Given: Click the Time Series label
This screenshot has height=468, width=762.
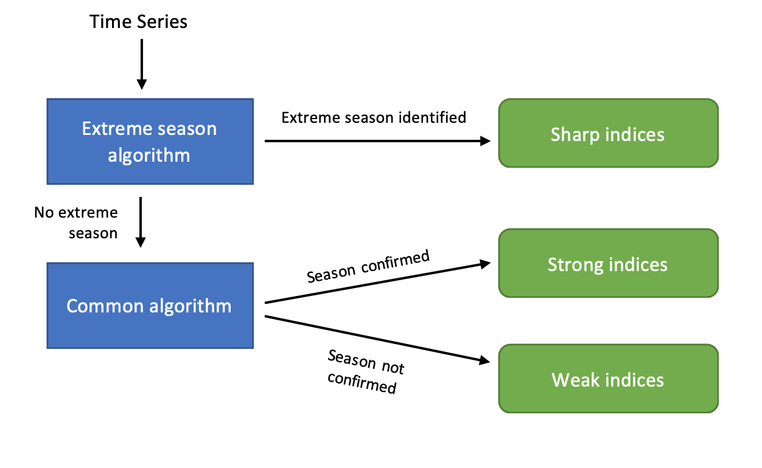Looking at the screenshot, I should pyautogui.click(x=138, y=22).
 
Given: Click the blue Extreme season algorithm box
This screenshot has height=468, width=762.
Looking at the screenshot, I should pyautogui.click(x=150, y=142).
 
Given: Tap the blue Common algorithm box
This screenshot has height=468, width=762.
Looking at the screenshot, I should pyautogui.click(x=150, y=306).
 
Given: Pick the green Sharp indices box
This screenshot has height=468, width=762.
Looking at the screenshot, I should pyautogui.click(x=608, y=133).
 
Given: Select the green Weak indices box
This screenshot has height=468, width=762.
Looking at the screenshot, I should pyautogui.click(x=608, y=379).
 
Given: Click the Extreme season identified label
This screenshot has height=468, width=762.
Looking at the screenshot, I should pyautogui.click(x=374, y=117).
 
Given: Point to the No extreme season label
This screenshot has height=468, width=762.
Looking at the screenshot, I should pyautogui.click(x=76, y=222).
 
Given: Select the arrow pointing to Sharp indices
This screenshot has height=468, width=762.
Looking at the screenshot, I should pyautogui.click(x=377, y=141).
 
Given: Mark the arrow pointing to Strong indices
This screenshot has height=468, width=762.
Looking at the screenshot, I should pyautogui.click(x=377, y=283).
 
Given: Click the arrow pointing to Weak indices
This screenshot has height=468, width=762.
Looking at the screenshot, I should pyautogui.click(x=377, y=339).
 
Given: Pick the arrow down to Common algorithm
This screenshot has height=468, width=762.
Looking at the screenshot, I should pyautogui.click(x=141, y=222).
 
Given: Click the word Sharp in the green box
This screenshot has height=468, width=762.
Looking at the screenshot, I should pyautogui.click(x=574, y=134).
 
